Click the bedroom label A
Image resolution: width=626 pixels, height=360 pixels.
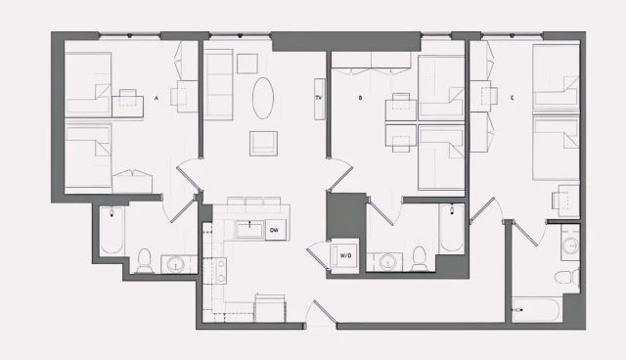[x=156, y=98]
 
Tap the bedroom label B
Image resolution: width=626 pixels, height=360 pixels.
[x=360, y=98]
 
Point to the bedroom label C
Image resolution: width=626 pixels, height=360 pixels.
[x=513, y=98]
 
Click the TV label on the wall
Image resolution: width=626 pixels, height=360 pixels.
[x=319, y=98]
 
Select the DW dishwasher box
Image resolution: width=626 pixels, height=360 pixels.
[x=276, y=230]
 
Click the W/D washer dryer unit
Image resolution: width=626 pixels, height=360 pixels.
[x=344, y=255]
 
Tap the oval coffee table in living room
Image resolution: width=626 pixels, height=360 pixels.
[x=263, y=98]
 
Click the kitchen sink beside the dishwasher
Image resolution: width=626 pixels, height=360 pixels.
[x=249, y=229]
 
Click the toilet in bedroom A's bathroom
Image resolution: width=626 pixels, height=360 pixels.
[x=144, y=261]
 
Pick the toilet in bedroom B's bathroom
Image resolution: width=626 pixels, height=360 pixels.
[x=419, y=258]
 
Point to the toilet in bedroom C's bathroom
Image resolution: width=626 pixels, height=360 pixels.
[x=567, y=277]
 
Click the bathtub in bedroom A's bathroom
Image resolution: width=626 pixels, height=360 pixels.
[x=112, y=230]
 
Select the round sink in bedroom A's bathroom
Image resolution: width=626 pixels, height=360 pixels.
[x=176, y=263]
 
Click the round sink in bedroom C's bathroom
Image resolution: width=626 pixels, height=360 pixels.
[x=570, y=244]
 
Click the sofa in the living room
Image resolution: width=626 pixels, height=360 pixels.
[x=218, y=84]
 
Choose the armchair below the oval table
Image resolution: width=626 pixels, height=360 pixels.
[x=263, y=143]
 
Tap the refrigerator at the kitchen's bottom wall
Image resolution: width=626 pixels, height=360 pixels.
[x=270, y=308]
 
